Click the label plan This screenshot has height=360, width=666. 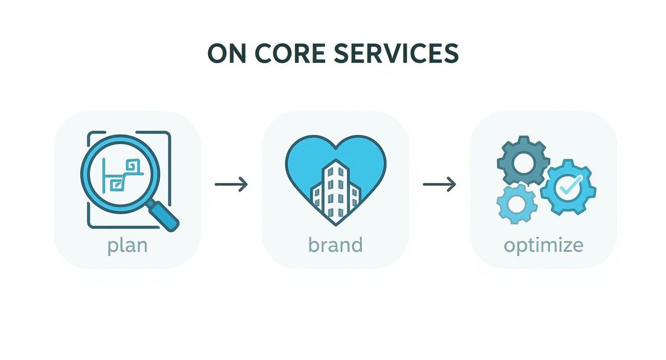(127, 245)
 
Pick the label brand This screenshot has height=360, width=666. (335, 245)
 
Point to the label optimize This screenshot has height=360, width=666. (544, 245)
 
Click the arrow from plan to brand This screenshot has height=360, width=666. (232, 184)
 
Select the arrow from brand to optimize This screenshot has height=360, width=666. (439, 184)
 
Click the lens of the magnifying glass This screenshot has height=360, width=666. (120, 175)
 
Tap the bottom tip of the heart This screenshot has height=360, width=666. (335, 223)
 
